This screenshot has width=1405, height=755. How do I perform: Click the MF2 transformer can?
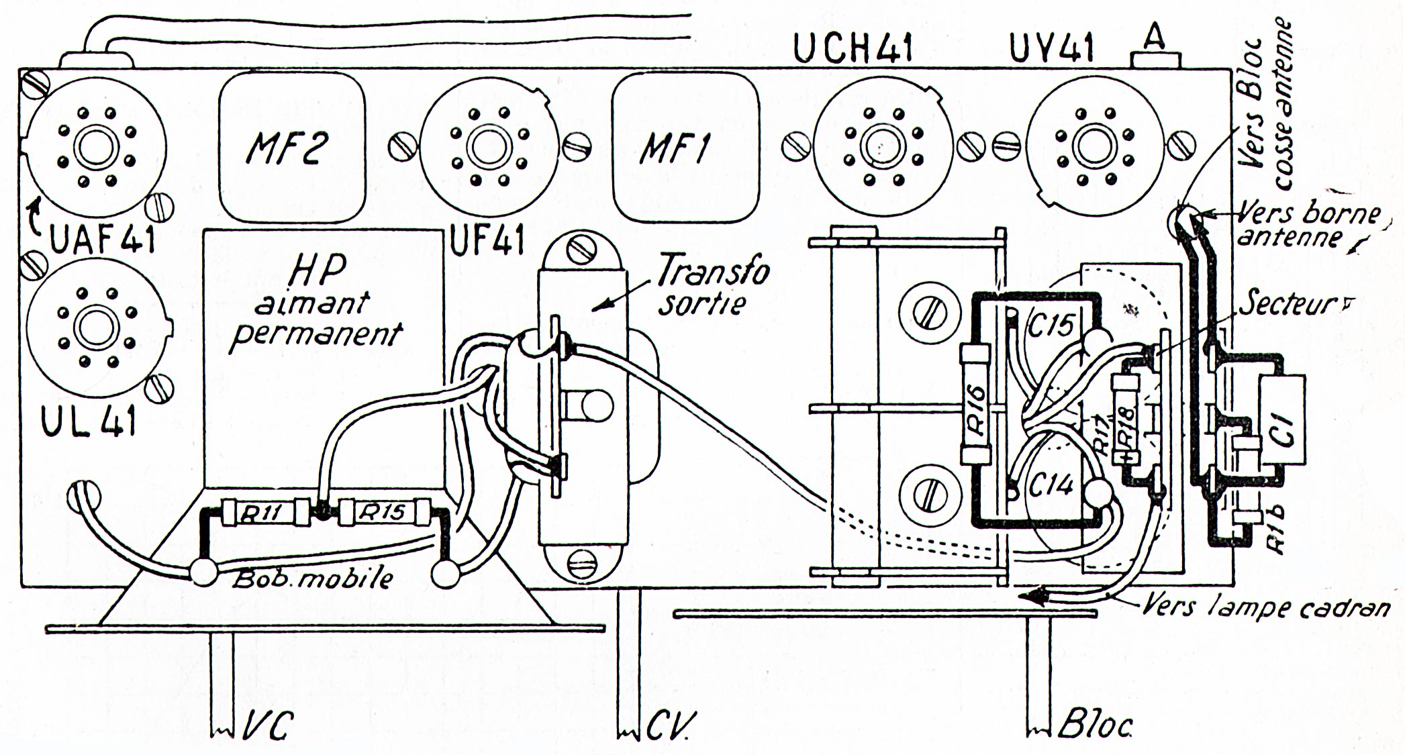pyautogui.click(x=292, y=147)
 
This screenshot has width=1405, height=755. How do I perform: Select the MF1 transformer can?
pyautogui.click(x=685, y=147)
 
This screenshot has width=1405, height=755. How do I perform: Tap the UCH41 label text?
pyautogui.click(x=853, y=48)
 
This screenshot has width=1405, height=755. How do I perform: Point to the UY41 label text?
pyautogui.click(x=1052, y=48)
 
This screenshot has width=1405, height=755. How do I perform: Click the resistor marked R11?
pyautogui.click(x=264, y=513)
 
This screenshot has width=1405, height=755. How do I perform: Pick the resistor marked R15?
pyautogui.click(x=384, y=512)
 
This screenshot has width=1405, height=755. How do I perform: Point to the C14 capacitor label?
pyautogui.click(x=1051, y=485)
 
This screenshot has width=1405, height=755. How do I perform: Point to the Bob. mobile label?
pyautogui.click(x=312, y=578)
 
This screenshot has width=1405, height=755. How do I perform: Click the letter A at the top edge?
pyautogui.click(x=1154, y=38)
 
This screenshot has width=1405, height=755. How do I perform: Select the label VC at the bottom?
pyautogui.click(x=268, y=725)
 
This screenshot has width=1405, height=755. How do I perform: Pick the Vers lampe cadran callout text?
pyautogui.click(x=1265, y=607)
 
